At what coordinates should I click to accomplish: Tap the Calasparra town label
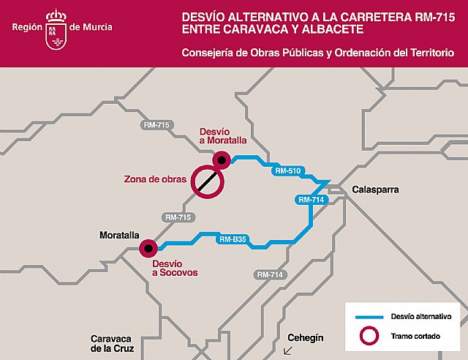coord(375,189)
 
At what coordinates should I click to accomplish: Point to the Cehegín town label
coord(305,338)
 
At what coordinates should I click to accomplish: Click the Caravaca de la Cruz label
coord(110,343)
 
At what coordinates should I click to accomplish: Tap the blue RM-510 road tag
coord(287,170)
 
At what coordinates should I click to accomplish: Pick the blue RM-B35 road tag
coord(233,239)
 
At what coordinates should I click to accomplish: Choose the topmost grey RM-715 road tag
coord(156,125)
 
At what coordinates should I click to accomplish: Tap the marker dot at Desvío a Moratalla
coord(221,159)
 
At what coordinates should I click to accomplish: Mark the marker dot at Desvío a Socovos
coord(149,249)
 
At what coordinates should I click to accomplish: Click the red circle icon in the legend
coord(370,337)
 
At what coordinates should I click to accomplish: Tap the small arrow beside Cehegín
coord(287,350)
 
